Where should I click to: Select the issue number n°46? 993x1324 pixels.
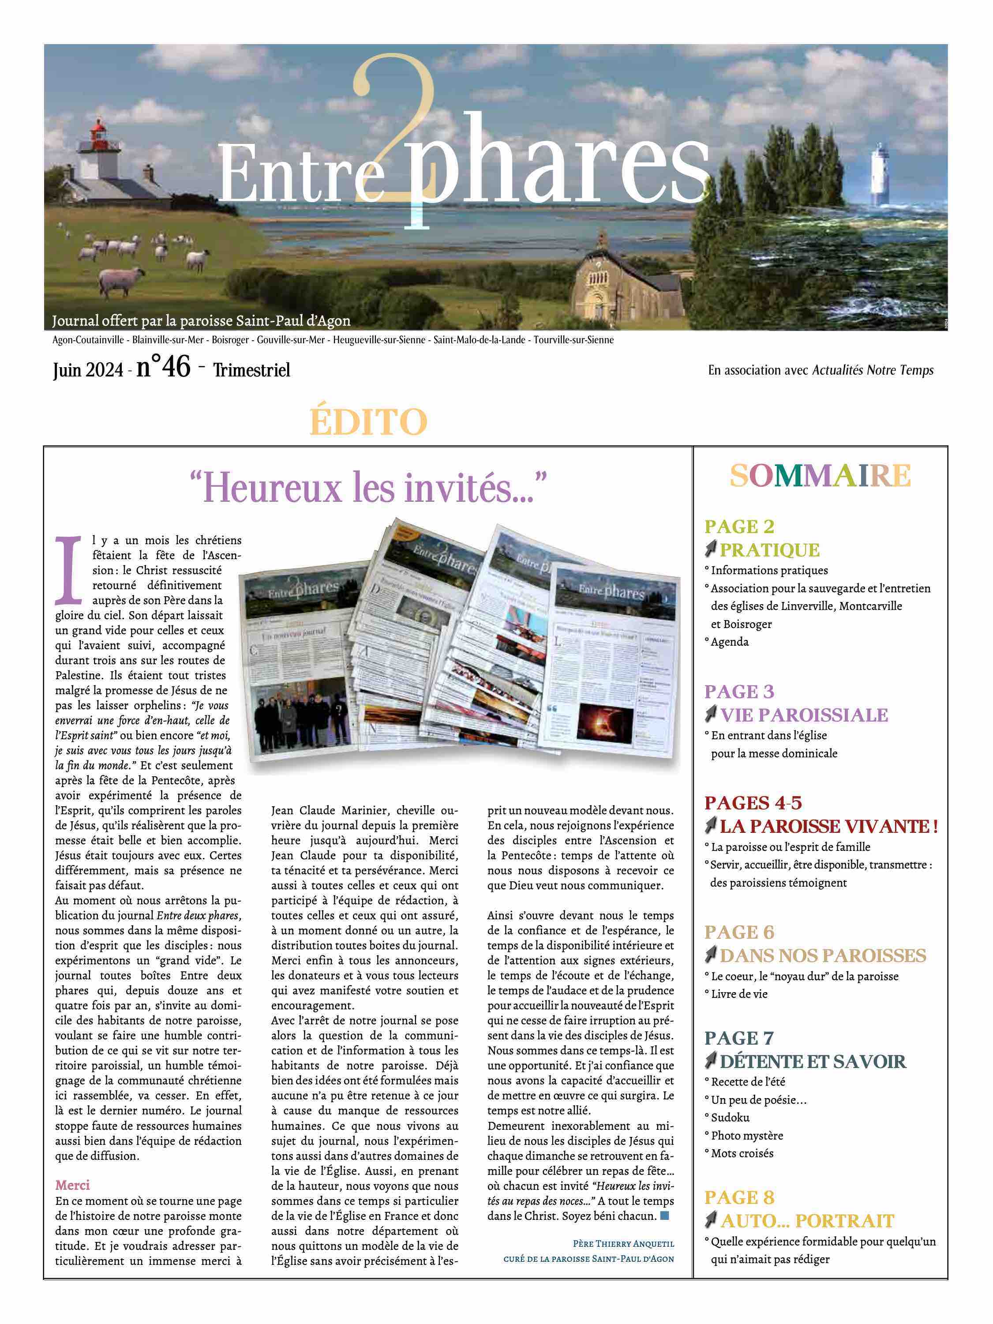[x=163, y=366]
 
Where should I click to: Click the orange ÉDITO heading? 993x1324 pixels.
[x=368, y=422]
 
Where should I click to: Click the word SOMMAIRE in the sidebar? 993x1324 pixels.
[x=820, y=476]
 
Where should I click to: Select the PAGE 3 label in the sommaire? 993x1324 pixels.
[x=739, y=692]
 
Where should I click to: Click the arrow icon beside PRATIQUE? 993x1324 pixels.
[x=711, y=549]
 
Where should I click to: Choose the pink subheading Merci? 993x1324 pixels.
[x=72, y=1185]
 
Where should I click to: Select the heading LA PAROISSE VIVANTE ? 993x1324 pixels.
[x=828, y=826]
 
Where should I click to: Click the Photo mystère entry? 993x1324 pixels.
[x=746, y=1136]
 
